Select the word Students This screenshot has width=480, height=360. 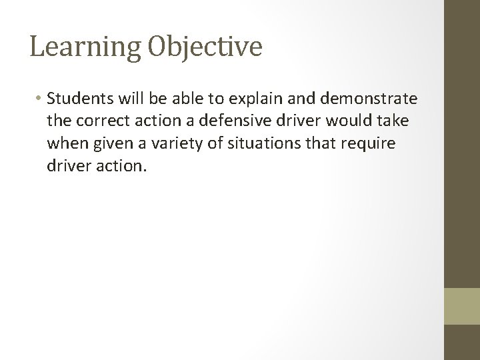point(79,99)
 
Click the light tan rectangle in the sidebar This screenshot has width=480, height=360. point(462,305)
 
